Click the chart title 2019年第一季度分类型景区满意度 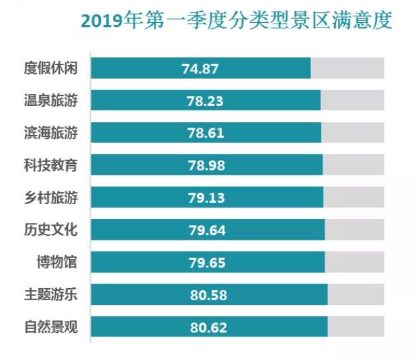coord(236,20)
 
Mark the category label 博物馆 coord(56,262)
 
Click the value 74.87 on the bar coord(200,69)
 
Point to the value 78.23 coord(205,101)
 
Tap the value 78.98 coord(206,165)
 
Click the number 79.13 coord(206,197)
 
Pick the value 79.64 coord(207,230)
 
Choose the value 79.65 coord(207,263)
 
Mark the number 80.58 coord(208,295)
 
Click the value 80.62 coord(208,328)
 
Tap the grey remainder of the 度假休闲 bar coord(347,69)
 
